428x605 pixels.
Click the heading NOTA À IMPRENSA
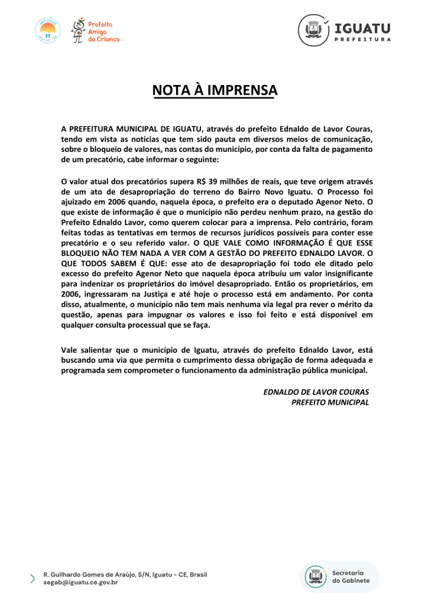tap(215, 90)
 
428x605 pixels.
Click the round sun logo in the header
tap(47, 30)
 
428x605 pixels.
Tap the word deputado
tap(290, 203)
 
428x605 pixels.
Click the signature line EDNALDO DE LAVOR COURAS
tap(316, 392)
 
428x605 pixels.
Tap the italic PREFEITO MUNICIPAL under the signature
tap(330, 402)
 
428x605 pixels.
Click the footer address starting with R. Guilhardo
tap(125, 574)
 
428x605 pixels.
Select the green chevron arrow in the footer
tap(33, 578)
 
